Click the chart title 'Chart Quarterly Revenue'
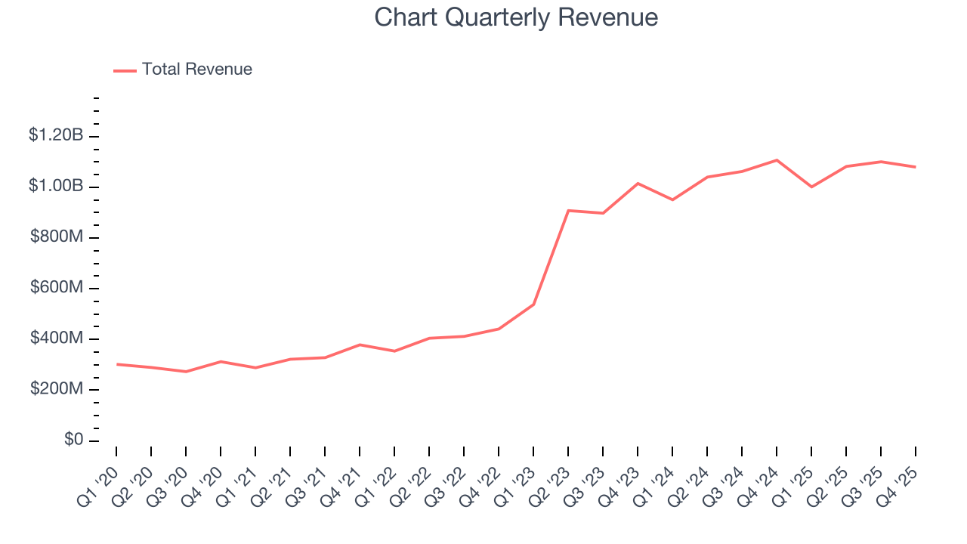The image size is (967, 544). (516, 18)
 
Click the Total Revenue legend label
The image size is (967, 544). (196, 70)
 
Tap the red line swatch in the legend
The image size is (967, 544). (125, 70)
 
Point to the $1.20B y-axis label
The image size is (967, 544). (55, 135)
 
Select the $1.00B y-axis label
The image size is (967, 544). (55, 186)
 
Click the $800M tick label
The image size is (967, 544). (57, 237)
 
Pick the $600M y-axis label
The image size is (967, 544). (57, 288)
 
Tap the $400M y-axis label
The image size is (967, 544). (57, 338)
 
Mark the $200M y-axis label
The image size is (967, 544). (57, 389)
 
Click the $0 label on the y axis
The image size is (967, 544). (73, 440)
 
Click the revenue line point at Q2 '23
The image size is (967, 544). (568, 211)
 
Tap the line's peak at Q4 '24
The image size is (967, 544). (777, 160)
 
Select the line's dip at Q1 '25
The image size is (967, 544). (811, 187)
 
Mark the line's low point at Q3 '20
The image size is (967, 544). (186, 372)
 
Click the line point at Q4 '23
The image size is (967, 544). (638, 184)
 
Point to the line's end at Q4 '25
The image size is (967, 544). (916, 167)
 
